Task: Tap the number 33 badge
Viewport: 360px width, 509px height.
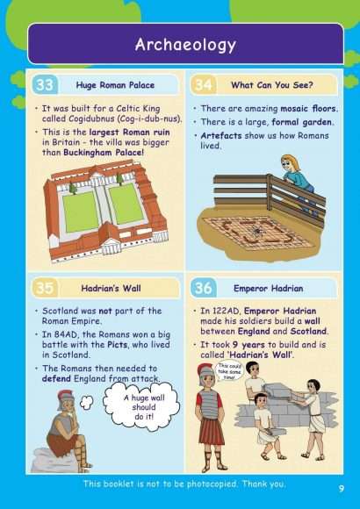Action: [x=45, y=84]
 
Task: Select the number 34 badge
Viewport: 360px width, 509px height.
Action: [x=203, y=84]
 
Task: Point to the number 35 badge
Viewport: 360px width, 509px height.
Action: [x=45, y=288]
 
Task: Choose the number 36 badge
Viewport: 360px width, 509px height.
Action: [x=203, y=288]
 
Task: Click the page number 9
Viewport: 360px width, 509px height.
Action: [x=340, y=487]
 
